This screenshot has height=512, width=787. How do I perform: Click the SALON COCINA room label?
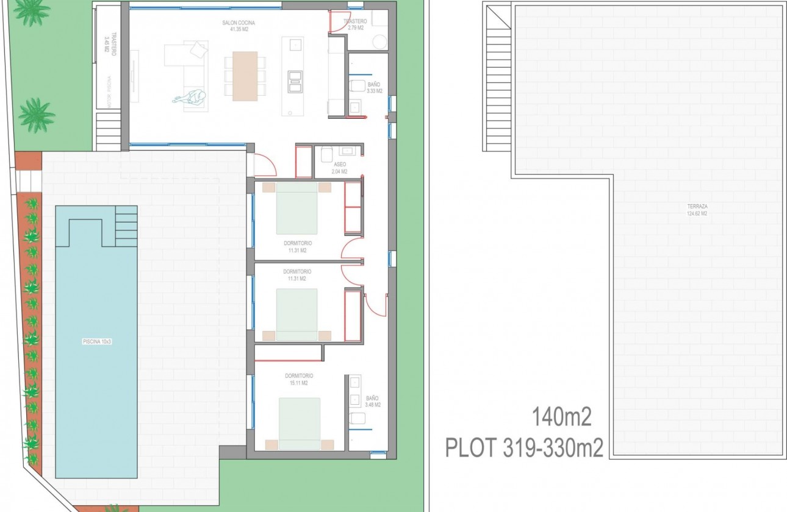click(x=238, y=26)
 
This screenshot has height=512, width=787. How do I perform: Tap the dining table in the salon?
click(x=245, y=75)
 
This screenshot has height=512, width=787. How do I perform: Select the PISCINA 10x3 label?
click(x=97, y=342)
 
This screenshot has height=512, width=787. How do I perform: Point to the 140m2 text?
click(x=562, y=419)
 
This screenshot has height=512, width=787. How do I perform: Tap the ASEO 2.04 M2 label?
click(x=340, y=168)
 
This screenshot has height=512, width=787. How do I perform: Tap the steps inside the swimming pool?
click(x=126, y=226)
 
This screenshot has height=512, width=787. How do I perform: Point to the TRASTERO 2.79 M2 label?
click(x=356, y=24)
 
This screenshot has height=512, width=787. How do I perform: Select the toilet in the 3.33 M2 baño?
click(x=358, y=85)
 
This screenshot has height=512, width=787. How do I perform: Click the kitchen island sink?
click(x=295, y=44)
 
